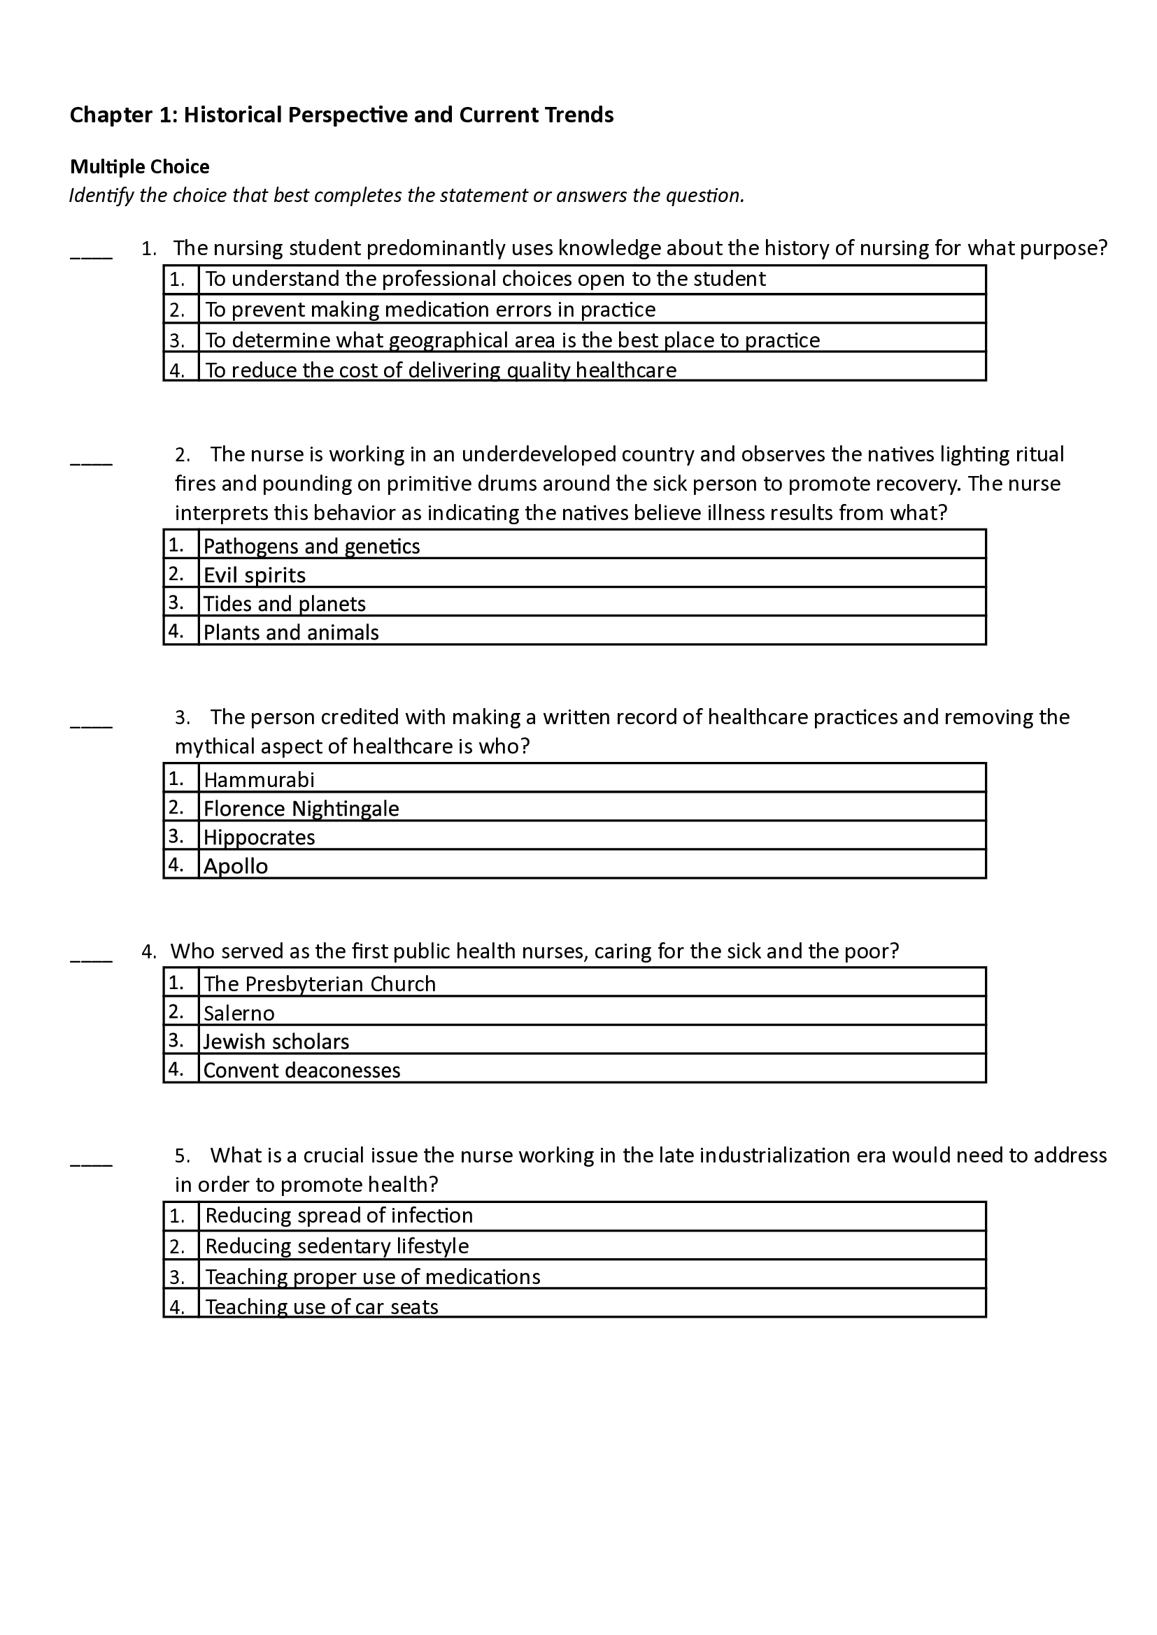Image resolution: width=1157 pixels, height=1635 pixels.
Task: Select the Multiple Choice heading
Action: click(140, 166)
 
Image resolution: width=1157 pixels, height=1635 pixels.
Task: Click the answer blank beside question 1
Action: click(91, 254)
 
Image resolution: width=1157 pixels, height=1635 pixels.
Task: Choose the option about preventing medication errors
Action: click(430, 310)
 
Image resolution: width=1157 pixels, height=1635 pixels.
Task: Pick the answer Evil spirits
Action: click(255, 575)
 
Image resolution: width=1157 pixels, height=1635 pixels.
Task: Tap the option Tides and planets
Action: click(284, 603)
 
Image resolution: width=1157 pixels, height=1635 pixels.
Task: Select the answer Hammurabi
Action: click(259, 780)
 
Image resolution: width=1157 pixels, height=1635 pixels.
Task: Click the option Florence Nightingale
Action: click(301, 808)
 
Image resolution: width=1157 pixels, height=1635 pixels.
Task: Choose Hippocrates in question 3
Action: click(260, 837)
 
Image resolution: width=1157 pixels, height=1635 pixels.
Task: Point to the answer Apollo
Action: click(236, 866)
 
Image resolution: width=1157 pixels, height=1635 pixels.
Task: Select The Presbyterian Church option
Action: click(319, 984)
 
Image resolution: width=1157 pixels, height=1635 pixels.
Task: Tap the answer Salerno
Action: click(239, 1013)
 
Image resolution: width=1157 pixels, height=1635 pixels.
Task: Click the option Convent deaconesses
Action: click(302, 1069)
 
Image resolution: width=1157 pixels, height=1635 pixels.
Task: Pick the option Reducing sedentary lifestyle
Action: click(337, 1246)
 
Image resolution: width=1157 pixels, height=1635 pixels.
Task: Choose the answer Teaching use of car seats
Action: click(321, 1306)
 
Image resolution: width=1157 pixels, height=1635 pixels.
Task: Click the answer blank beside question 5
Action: click(91, 1162)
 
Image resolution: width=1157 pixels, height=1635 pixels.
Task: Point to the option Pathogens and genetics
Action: click(311, 546)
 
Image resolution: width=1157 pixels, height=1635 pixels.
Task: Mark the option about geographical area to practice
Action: click(512, 340)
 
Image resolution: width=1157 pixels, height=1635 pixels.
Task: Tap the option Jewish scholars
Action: click(276, 1041)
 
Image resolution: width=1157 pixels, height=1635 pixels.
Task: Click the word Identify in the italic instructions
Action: click(101, 195)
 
